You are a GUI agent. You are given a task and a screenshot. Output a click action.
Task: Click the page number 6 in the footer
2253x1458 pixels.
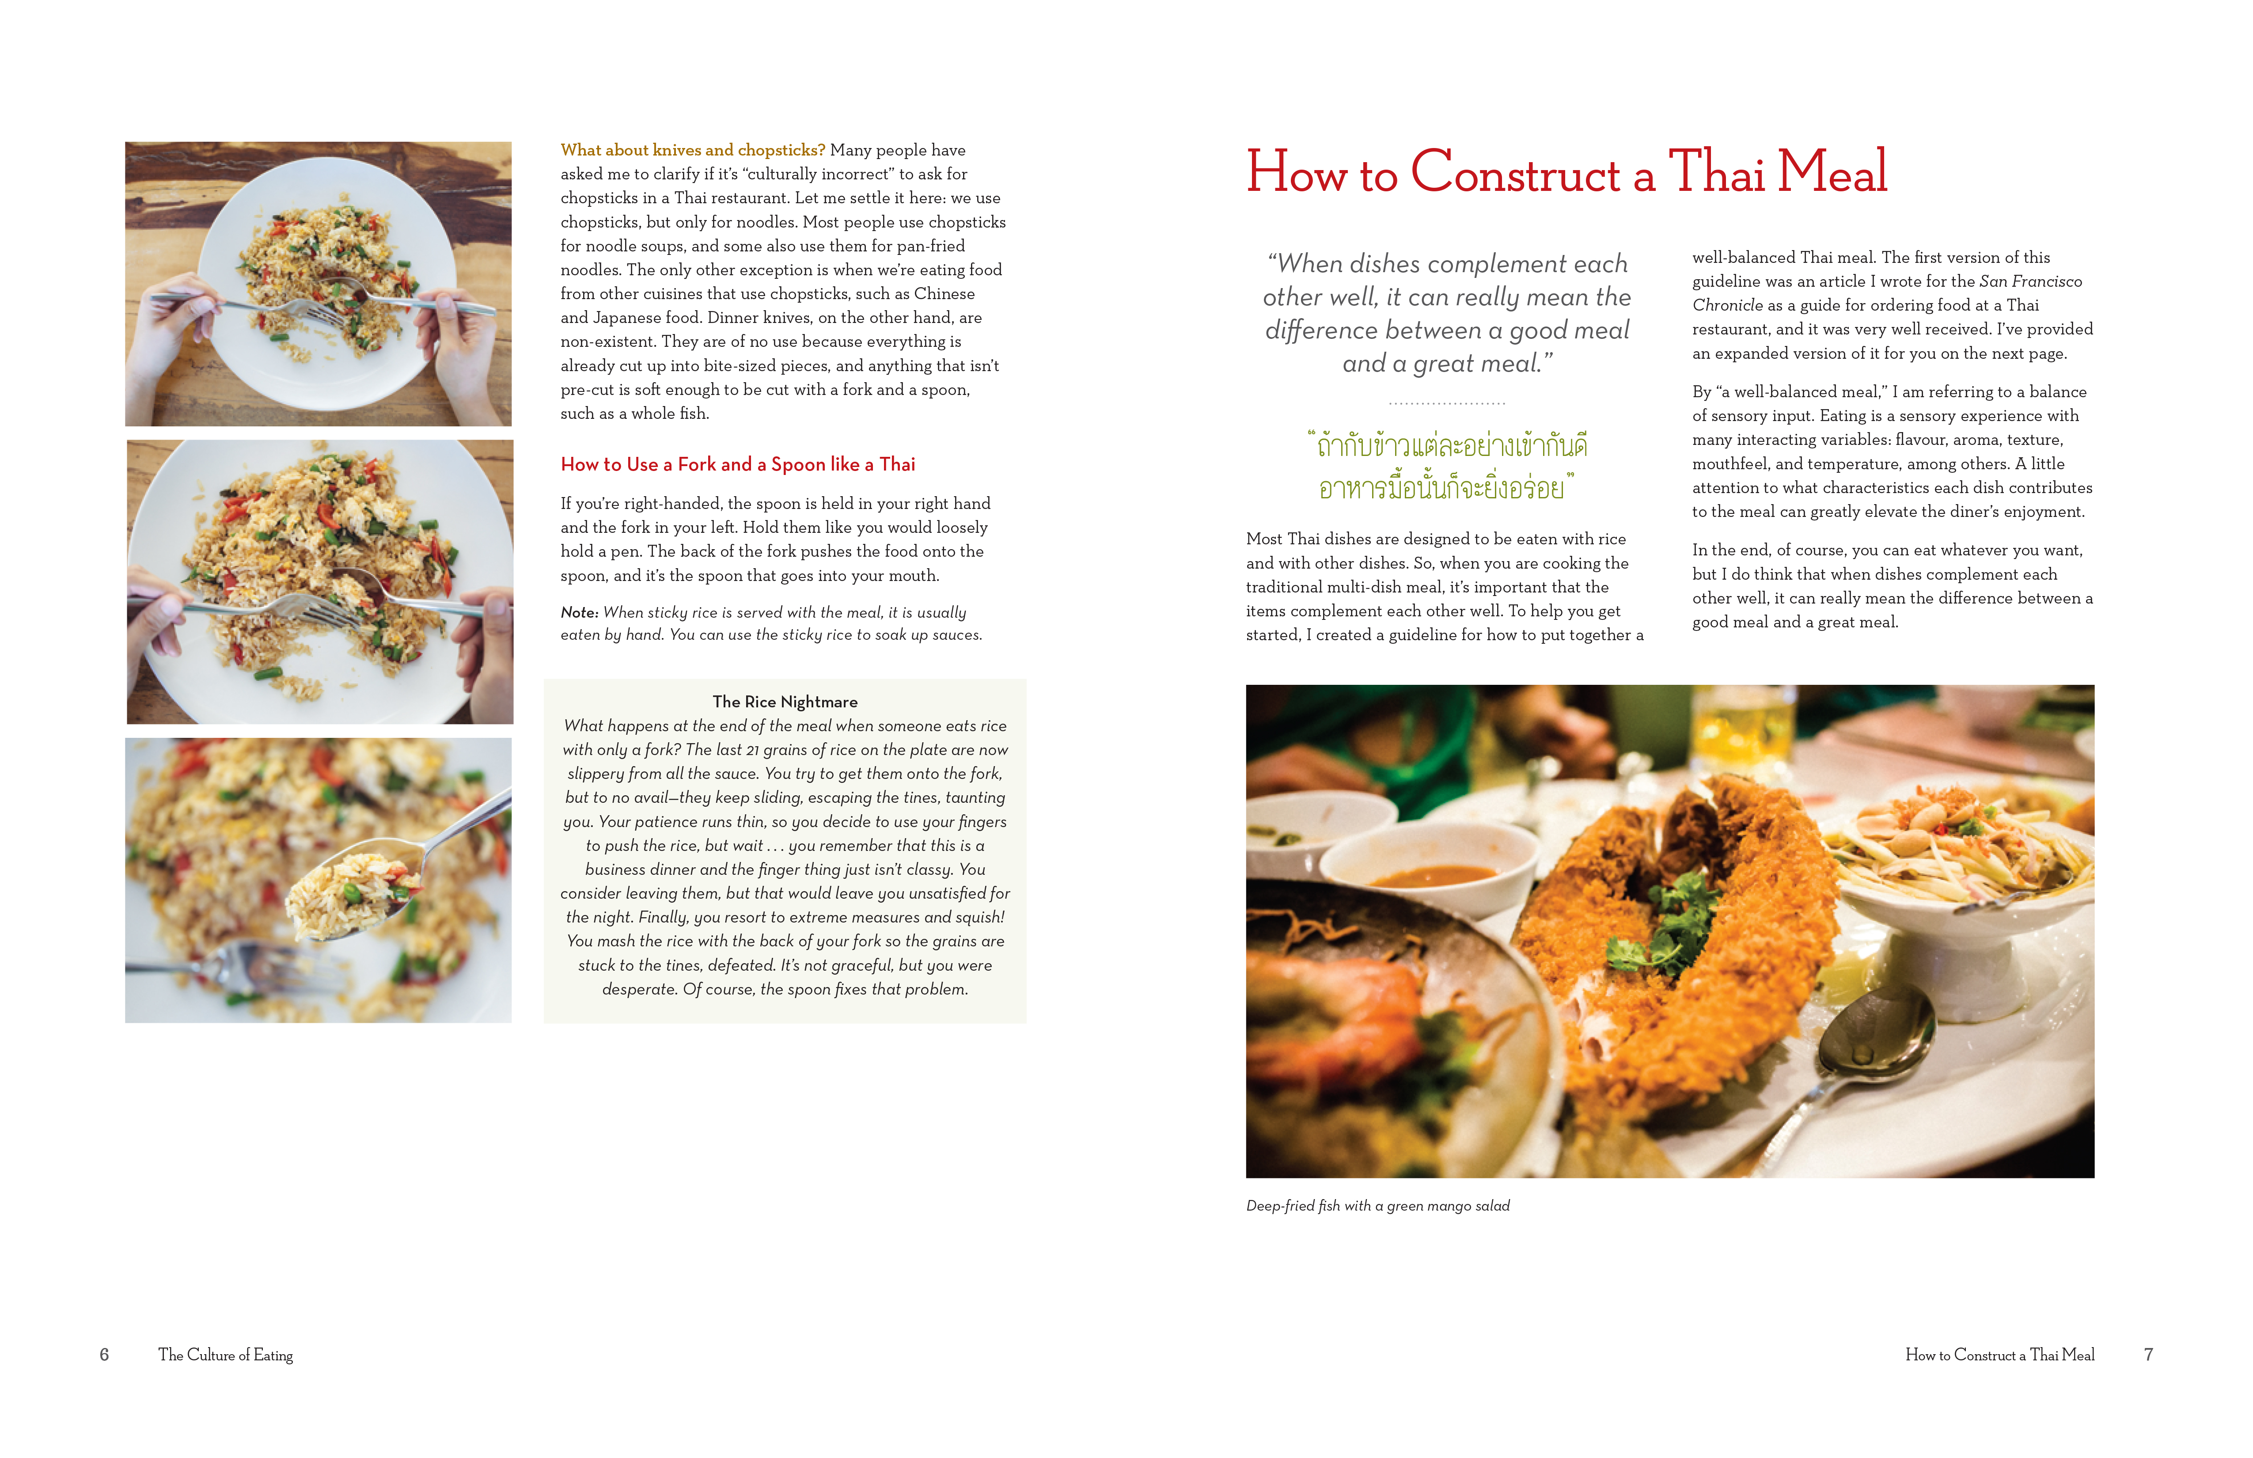(x=104, y=1355)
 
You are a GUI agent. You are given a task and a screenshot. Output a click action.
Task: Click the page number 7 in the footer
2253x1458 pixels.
(x=2148, y=1355)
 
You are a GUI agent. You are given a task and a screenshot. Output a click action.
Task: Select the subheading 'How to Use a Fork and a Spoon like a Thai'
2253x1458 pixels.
(x=737, y=464)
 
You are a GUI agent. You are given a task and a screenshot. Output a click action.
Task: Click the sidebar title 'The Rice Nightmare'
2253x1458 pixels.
(x=785, y=702)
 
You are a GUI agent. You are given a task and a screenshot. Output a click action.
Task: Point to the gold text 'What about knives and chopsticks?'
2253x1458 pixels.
(x=692, y=150)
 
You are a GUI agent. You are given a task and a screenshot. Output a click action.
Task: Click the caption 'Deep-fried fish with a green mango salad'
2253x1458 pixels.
(x=1377, y=1205)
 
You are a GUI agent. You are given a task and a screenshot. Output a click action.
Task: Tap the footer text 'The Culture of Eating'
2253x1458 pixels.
(x=225, y=1355)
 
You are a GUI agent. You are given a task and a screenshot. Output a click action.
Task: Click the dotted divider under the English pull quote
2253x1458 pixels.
(x=1446, y=403)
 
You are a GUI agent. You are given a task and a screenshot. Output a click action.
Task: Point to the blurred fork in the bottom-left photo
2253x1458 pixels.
(x=246, y=968)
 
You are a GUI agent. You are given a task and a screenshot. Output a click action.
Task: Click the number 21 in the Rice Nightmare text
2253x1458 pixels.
(x=753, y=750)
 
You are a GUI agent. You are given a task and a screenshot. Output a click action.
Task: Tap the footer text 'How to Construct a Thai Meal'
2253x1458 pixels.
(x=1999, y=1355)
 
